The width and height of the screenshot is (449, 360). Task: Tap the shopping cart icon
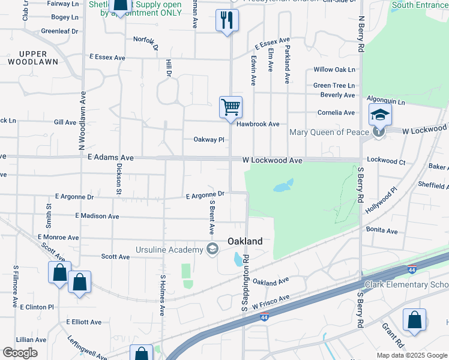[x=231, y=108]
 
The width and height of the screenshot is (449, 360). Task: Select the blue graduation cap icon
[x=380, y=114]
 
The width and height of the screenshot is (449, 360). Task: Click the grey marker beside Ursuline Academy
[x=212, y=250]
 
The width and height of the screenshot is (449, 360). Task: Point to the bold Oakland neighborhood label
[x=245, y=241]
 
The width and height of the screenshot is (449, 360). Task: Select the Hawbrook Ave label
[x=258, y=124]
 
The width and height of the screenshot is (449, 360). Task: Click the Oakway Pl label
[x=208, y=140]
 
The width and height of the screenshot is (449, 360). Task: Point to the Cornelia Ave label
[x=336, y=112]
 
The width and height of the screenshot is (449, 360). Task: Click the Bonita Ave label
[x=382, y=230]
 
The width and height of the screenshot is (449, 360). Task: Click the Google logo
[x=20, y=353]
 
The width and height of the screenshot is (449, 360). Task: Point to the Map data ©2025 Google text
[x=411, y=355]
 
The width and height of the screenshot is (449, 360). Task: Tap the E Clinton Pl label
[x=37, y=307]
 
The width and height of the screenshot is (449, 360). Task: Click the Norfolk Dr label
[x=146, y=43]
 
